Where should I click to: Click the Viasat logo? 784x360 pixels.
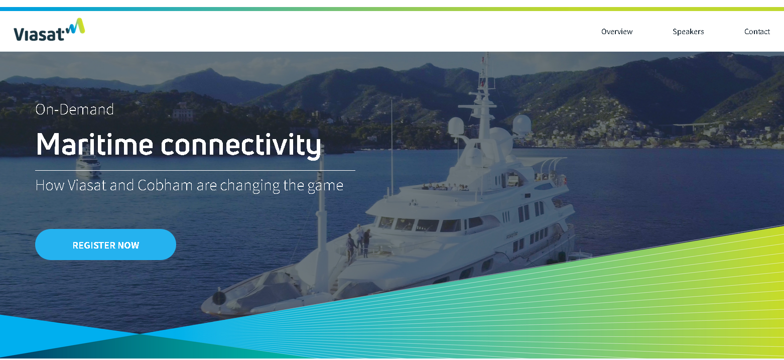(49, 30)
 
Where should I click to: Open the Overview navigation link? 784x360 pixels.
(617, 32)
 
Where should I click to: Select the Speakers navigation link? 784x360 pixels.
(688, 32)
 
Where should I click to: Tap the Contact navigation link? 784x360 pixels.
(757, 32)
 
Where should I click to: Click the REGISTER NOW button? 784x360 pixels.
(105, 245)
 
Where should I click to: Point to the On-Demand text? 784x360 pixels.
(74, 109)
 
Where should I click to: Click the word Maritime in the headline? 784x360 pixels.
(94, 145)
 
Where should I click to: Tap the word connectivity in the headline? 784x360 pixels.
(241, 145)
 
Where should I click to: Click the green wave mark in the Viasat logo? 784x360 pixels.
(76, 26)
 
